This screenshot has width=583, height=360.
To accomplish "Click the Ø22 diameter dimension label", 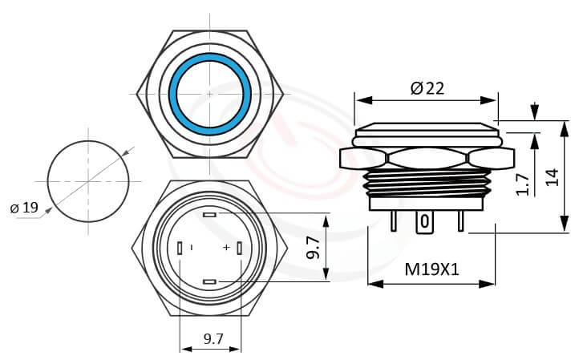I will coord(427,89).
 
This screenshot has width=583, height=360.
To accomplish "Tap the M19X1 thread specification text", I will coord(431,270).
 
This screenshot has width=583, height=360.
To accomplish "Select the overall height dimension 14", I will coord(551,176).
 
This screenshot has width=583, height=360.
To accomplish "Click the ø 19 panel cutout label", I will coord(24,208).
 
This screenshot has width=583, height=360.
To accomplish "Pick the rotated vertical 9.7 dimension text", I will coord(314,248).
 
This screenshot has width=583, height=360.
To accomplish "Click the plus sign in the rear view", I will coord(227,248).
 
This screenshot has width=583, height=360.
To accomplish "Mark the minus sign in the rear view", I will coord(192,248).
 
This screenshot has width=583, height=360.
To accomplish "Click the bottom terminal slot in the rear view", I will coord(210,281).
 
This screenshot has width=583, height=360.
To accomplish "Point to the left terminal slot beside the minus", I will coord(180,248).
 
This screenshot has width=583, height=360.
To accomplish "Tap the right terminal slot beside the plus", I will coord(240,248).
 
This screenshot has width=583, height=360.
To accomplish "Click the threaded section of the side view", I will coord(426,183).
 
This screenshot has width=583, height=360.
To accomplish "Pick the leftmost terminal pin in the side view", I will coord(393,221).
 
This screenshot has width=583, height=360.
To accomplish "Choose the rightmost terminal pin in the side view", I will coord(460,221).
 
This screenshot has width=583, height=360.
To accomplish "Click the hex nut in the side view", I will coord(426,158).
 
